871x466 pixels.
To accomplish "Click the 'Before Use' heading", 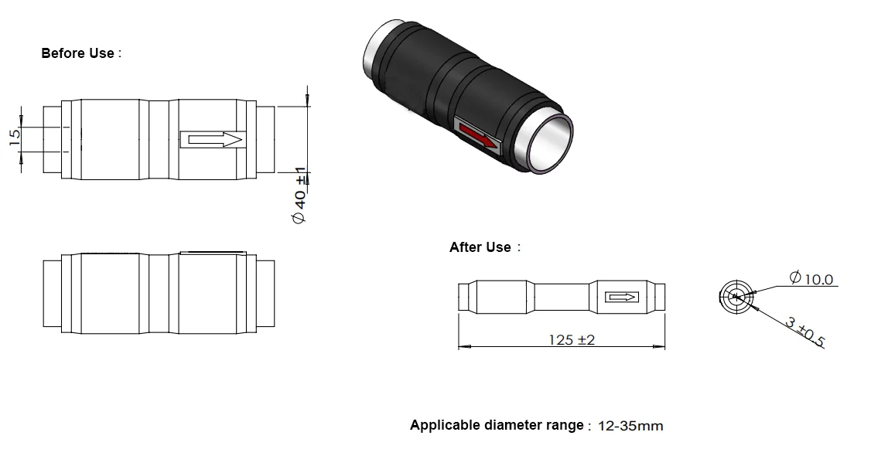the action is pyautogui.click(x=78, y=53).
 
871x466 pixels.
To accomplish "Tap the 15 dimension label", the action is pyautogui.click(x=15, y=137).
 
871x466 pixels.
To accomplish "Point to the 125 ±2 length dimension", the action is pyautogui.click(x=572, y=339).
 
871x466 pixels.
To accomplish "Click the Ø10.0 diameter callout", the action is pyautogui.click(x=811, y=278).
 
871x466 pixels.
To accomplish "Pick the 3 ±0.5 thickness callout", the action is pyautogui.click(x=805, y=332).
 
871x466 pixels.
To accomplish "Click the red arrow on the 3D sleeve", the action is pyautogui.click(x=478, y=137).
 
